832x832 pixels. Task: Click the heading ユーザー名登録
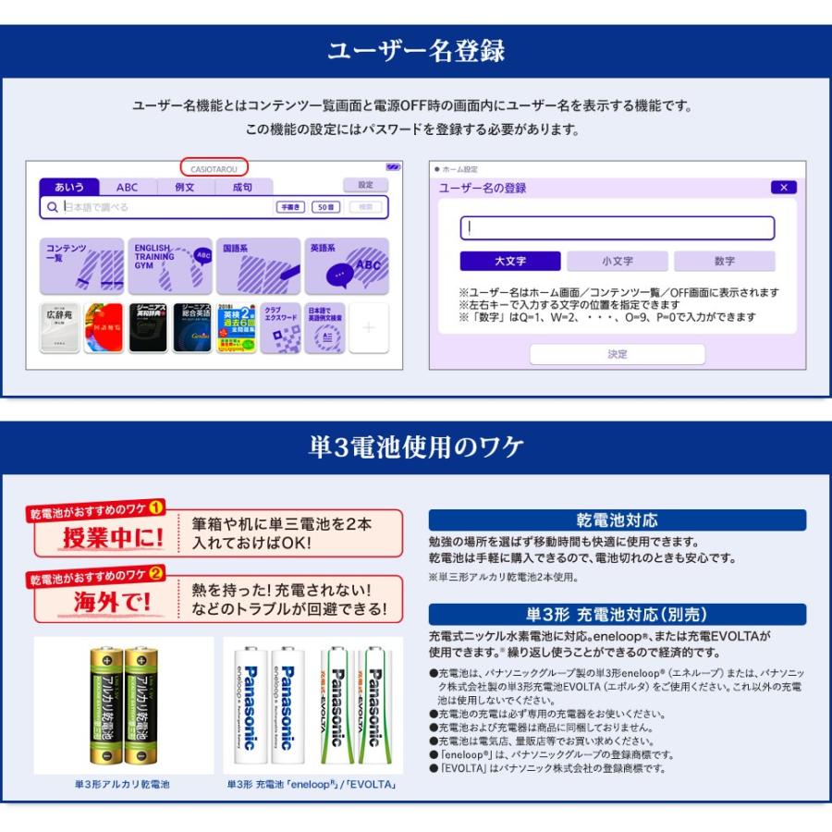tap(416, 50)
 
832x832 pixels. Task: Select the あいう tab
tap(69, 187)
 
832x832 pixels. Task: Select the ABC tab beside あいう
tap(127, 187)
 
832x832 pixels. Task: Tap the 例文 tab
tap(184, 187)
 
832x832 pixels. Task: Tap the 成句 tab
tap(241, 187)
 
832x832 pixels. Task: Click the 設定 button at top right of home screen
tap(365, 185)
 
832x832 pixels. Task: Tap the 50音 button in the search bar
tap(325, 207)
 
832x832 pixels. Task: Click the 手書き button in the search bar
tap(290, 207)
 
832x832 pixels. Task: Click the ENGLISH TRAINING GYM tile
tap(171, 265)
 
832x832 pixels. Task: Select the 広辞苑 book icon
tap(59, 327)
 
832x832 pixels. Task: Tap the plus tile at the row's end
tap(368, 327)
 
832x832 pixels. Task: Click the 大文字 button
tap(509, 261)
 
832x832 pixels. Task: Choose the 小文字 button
tap(617, 261)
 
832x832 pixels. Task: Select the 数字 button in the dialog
tap(724, 261)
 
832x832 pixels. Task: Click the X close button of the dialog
tap(783, 188)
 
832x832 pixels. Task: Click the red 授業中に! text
tap(112, 538)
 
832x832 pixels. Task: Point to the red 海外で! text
tap(112, 603)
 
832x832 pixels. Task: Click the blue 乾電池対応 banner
tap(617, 520)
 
